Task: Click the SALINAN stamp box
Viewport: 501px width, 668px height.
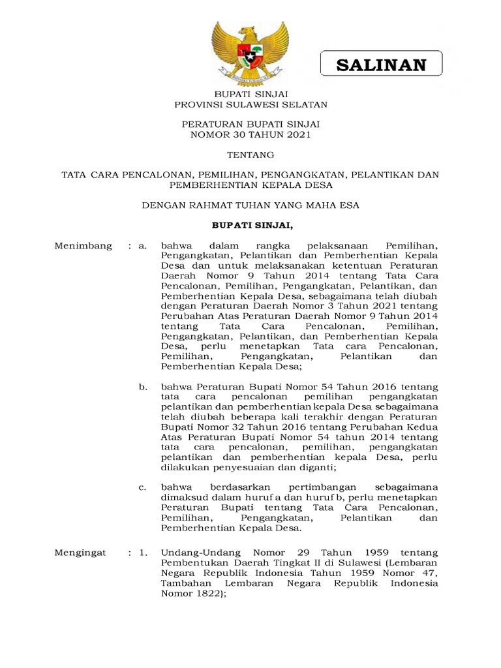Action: click(x=381, y=65)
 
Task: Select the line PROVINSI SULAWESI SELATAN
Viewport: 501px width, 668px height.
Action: click(x=250, y=104)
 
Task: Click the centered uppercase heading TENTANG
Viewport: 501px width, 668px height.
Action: click(x=250, y=155)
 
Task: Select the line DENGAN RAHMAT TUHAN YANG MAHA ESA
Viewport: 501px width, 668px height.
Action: click(x=250, y=205)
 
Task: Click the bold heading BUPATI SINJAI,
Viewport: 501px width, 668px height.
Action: click(x=250, y=226)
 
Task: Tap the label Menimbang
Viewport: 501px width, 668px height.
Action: click(x=83, y=246)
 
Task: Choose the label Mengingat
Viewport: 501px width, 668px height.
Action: click(x=81, y=553)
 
